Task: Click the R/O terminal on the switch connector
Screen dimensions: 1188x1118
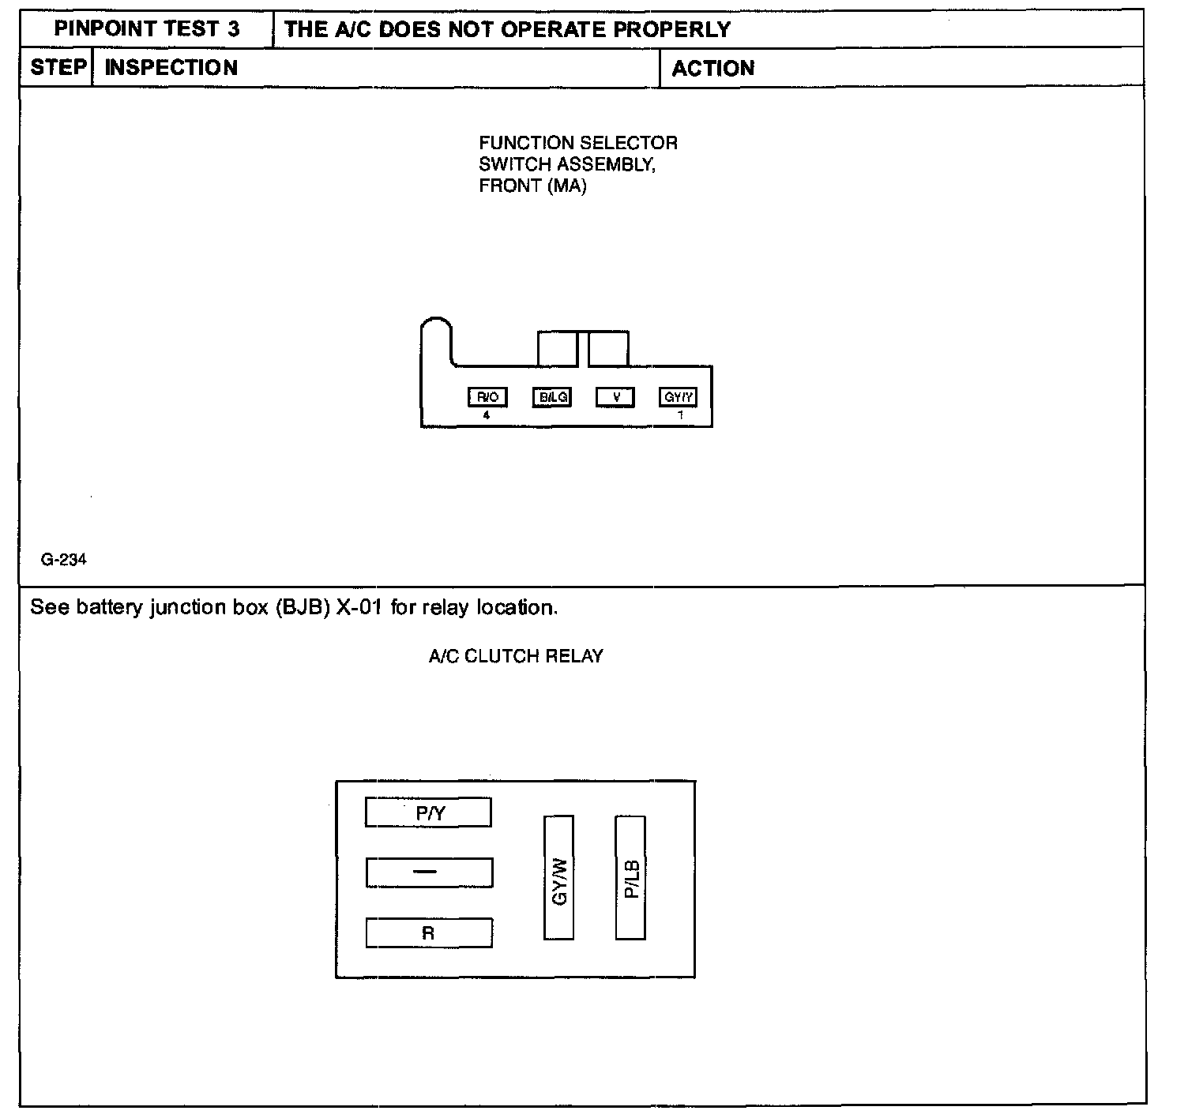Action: [x=487, y=397]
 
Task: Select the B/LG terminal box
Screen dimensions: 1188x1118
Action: [x=551, y=397]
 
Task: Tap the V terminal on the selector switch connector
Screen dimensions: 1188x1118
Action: [x=615, y=397]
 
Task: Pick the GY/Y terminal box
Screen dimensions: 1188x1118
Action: [x=678, y=397]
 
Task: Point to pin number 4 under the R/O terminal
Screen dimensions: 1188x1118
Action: [x=487, y=415]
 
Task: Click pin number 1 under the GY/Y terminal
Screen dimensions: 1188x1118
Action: [x=680, y=415]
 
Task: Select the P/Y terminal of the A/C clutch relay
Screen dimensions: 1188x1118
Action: [x=428, y=812]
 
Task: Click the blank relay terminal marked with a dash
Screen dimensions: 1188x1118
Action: [x=429, y=872]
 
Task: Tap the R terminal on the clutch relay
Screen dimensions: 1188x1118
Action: [x=429, y=933]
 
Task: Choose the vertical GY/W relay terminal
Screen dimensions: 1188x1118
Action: [x=559, y=878]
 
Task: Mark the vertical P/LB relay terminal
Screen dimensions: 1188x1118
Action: [x=630, y=878]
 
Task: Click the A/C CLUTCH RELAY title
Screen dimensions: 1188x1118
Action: [x=516, y=656]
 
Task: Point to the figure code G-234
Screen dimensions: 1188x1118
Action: [x=64, y=560]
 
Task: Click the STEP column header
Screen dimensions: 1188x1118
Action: [x=58, y=68]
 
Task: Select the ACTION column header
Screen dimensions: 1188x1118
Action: [x=712, y=69]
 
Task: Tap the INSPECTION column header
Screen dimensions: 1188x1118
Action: [x=171, y=68]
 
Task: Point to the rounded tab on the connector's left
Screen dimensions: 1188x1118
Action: [x=436, y=336]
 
